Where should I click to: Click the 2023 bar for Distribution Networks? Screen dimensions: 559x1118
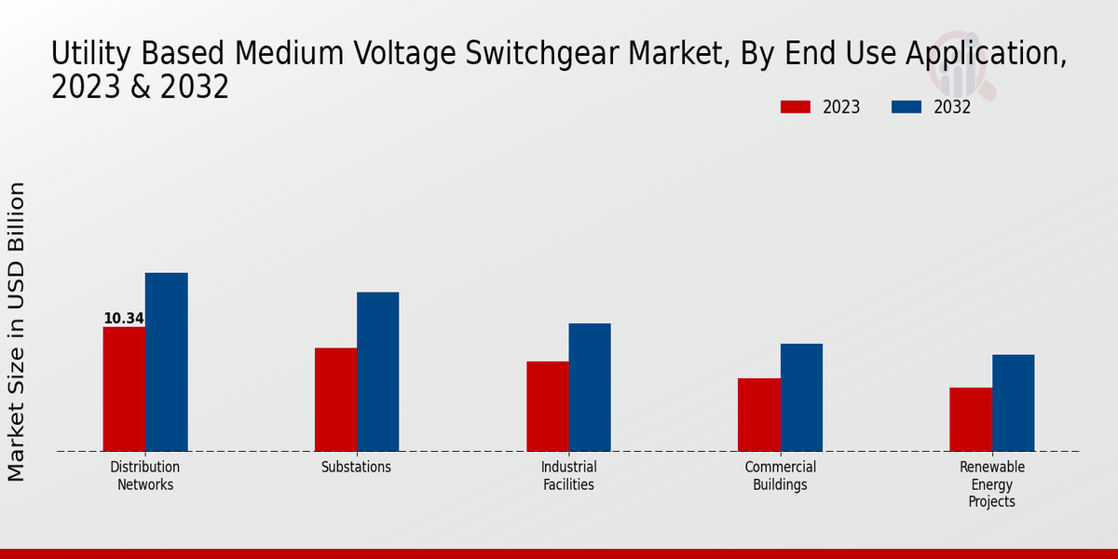pyautogui.click(x=124, y=389)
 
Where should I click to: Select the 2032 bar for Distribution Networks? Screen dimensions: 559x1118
pyautogui.click(x=166, y=361)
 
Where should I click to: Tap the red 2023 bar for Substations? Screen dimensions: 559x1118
pyautogui.click(x=335, y=399)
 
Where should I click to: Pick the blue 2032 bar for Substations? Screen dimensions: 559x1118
pyautogui.click(x=377, y=371)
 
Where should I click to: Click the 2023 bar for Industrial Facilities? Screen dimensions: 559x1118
pyautogui.click(x=547, y=405)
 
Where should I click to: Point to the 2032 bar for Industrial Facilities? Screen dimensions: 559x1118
pyautogui.click(x=590, y=387)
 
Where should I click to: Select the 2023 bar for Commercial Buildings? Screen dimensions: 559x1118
pyautogui.click(x=758, y=414)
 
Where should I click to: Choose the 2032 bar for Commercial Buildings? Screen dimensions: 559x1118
pyautogui.click(x=801, y=397)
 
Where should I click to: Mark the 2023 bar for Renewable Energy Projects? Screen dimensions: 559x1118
pyautogui.click(x=970, y=418)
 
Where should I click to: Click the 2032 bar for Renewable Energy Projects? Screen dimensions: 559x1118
pyautogui.click(x=1013, y=402)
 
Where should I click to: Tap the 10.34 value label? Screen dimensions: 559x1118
pyautogui.click(x=123, y=319)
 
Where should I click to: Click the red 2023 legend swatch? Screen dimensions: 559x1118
pyautogui.click(x=795, y=107)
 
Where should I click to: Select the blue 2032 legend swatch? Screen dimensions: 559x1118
pyautogui.click(x=906, y=107)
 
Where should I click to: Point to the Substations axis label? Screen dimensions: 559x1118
pyautogui.click(x=356, y=468)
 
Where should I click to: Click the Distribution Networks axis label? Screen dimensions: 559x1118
pyautogui.click(x=144, y=476)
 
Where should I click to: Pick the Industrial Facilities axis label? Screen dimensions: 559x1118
pyautogui.click(x=568, y=476)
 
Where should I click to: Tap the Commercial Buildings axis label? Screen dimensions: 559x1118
pyautogui.click(x=780, y=476)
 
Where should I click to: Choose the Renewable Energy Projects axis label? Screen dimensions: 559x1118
pyautogui.click(x=991, y=484)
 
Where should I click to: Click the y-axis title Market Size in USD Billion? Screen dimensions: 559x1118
pyautogui.click(x=17, y=332)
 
